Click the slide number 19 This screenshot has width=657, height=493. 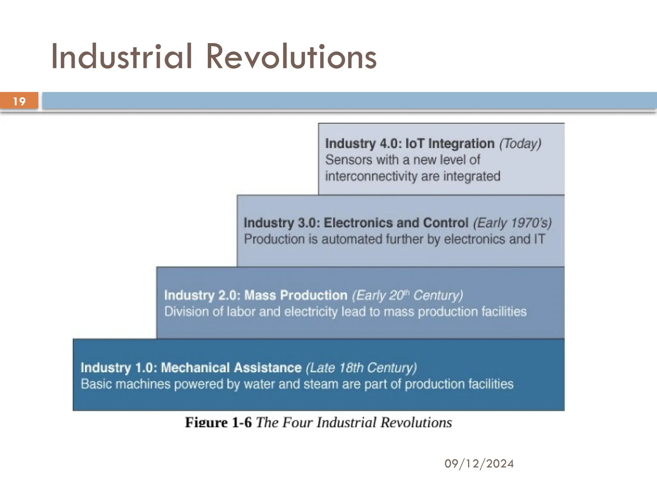point(19,101)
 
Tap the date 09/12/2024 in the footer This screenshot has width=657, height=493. point(479,463)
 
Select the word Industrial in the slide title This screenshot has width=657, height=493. point(122,57)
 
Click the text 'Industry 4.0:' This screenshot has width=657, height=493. point(363,143)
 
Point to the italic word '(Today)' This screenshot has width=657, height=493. point(520,143)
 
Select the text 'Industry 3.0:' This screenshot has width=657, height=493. point(282,223)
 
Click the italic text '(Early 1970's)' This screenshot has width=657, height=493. point(512,223)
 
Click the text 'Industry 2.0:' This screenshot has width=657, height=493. point(202,295)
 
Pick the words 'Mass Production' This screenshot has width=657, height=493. point(296,295)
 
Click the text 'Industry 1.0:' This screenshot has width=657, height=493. point(119,368)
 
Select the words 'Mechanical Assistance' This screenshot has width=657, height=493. point(231,368)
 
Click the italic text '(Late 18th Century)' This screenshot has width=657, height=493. point(361,368)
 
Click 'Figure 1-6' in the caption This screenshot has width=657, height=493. point(218,422)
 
